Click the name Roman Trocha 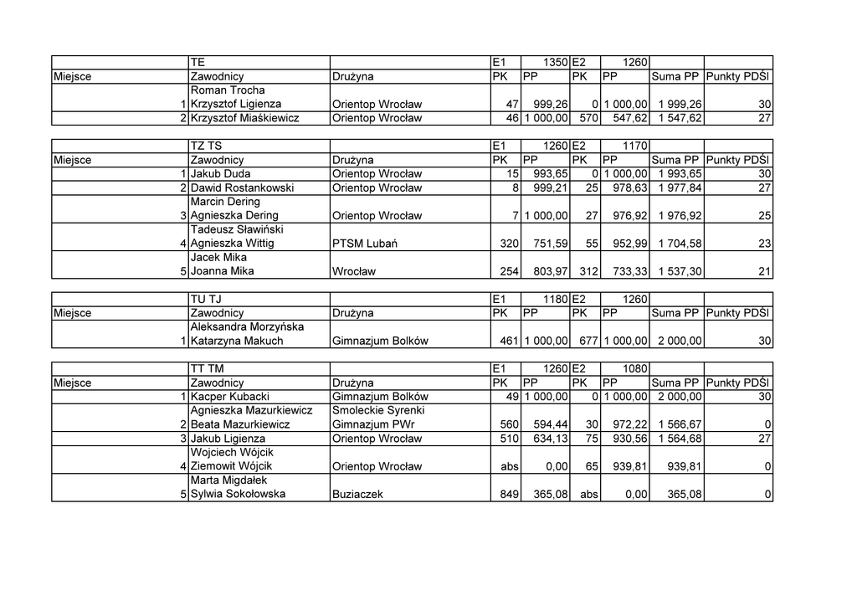(x=228, y=90)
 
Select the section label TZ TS (x=206, y=146)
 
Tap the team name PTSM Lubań (x=364, y=244)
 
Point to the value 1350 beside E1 (x=556, y=62)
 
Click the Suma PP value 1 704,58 (x=680, y=244)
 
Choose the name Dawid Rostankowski (x=242, y=187)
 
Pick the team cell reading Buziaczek (x=357, y=494)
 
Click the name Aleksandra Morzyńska (x=247, y=327)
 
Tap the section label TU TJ (x=206, y=299)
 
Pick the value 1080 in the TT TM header (x=633, y=368)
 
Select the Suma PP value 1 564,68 (x=680, y=439)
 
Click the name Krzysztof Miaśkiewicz (x=244, y=118)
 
